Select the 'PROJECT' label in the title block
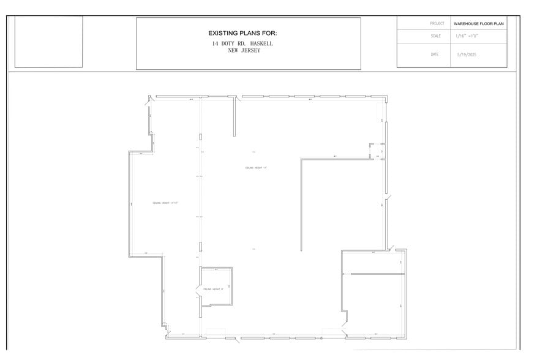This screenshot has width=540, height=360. [437, 23]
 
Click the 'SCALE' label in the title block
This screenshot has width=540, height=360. [435, 36]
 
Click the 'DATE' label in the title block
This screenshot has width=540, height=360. [435, 54]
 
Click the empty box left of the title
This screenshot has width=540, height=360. [48, 42]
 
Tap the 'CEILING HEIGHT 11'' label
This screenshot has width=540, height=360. [257, 168]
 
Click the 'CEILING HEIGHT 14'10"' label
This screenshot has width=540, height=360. [165, 203]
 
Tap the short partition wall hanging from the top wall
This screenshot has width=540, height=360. [234, 116]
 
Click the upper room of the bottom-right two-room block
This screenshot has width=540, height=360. [372, 263]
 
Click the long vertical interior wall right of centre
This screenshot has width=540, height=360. [301, 205]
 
